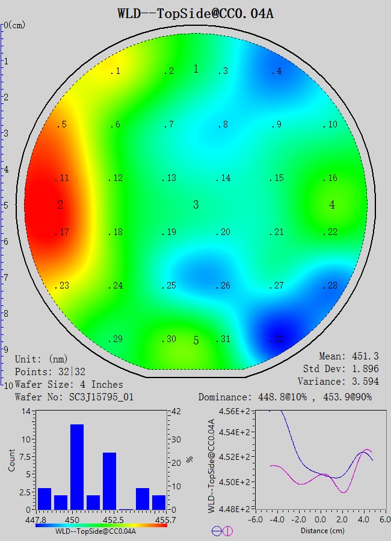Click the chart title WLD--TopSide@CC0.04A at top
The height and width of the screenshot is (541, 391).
pos(195,13)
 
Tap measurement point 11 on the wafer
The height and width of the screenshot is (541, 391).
pos(62,179)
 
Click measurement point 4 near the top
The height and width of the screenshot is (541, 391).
pos(276,72)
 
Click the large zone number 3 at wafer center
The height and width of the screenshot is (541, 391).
pos(196,205)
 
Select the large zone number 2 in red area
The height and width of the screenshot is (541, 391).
pos(60,205)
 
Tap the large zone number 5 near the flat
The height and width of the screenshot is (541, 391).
pos(196,341)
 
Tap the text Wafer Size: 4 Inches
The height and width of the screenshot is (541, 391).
pos(69,384)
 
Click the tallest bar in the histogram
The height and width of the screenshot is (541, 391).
pos(76,466)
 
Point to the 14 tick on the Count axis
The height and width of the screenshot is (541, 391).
pos(26,411)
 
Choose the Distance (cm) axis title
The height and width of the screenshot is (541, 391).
pos(322,531)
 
